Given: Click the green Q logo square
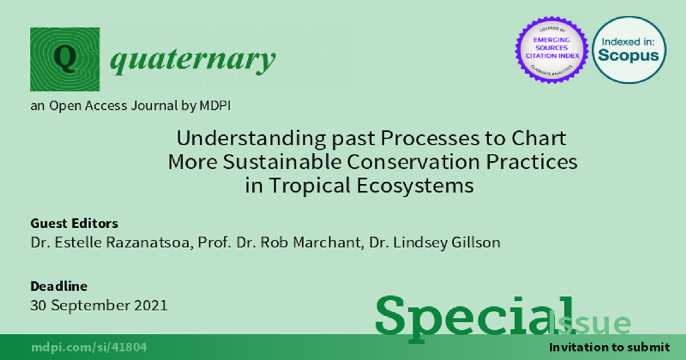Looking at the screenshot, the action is pyautogui.click(x=65, y=59).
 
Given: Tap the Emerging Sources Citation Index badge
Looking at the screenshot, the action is pyautogui.click(x=552, y=50).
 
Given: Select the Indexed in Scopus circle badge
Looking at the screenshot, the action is pyautogui.click(x=629, y=50).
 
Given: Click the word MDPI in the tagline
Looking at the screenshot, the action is pyautogui.click(x=215, y=106).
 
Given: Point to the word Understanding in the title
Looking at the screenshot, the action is pyautogui.click(x=251, y=139).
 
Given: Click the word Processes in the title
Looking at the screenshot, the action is pyautogui.click(x=430, y=138).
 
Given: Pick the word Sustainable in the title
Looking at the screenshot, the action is pyautogui.click(x=282, y=162).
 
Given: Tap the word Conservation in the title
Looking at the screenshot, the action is pyautogui.click(x=413, y=162).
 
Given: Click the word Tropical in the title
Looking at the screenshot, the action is pyautogui.click(x=310, y=186).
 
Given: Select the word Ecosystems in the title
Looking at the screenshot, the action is pyautogui.click(x=415, y=186).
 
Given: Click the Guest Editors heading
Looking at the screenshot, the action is pyautogui.click(x=74, y=223).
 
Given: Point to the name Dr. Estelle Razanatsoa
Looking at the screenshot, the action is pyautogui.click(x=112, y=243).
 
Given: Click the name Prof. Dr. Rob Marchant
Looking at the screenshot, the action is pyautogui.click(x=281, y=243).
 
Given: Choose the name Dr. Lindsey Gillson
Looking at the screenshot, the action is pyautogui.click(x=435, y=243).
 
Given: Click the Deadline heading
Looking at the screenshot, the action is pyautogui.click(x=59, y=286).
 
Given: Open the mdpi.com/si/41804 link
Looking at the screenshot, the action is pyautogui.click(x=89, y=347).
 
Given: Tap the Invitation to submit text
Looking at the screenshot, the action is pyautogui.click(x=609, y=347).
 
